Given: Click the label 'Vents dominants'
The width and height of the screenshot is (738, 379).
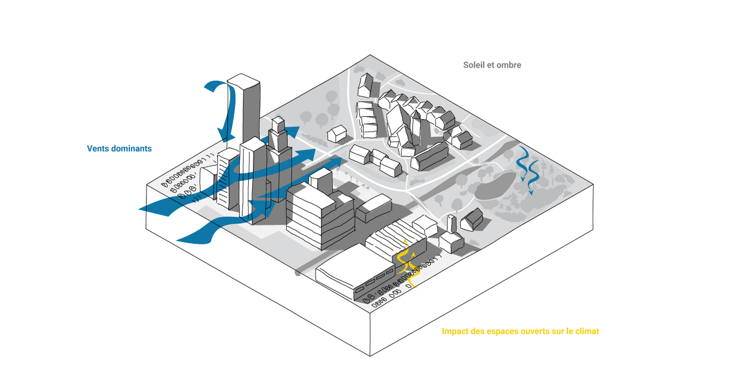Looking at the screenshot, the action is pyautogui.click(x=119, y=149).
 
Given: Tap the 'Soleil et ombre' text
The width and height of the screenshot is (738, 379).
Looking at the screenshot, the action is pyautogui.click(x=492, y=65).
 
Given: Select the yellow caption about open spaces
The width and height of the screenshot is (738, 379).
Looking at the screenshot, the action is pyautogui.click(x=520, y=331).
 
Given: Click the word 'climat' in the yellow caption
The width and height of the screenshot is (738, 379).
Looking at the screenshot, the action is pyautogui.click(x=587, y=331).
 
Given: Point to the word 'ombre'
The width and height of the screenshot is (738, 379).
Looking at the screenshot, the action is pyautogui.click(x=509, y=65).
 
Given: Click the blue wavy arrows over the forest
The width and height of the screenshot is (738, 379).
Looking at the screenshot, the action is pyautogui.click(x=528, y=170).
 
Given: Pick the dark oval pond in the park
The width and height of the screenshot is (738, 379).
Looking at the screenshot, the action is pyautogui.click(x=495, y=186).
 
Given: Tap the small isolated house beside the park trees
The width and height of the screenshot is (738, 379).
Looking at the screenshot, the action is pyautogui.click(x=337, y=134).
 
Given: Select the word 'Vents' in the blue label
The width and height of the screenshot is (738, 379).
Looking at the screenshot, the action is pyautogui.click(x=98, y=149).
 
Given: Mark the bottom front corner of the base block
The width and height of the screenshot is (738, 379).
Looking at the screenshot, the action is pyautogui.click(x=370, y=356).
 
